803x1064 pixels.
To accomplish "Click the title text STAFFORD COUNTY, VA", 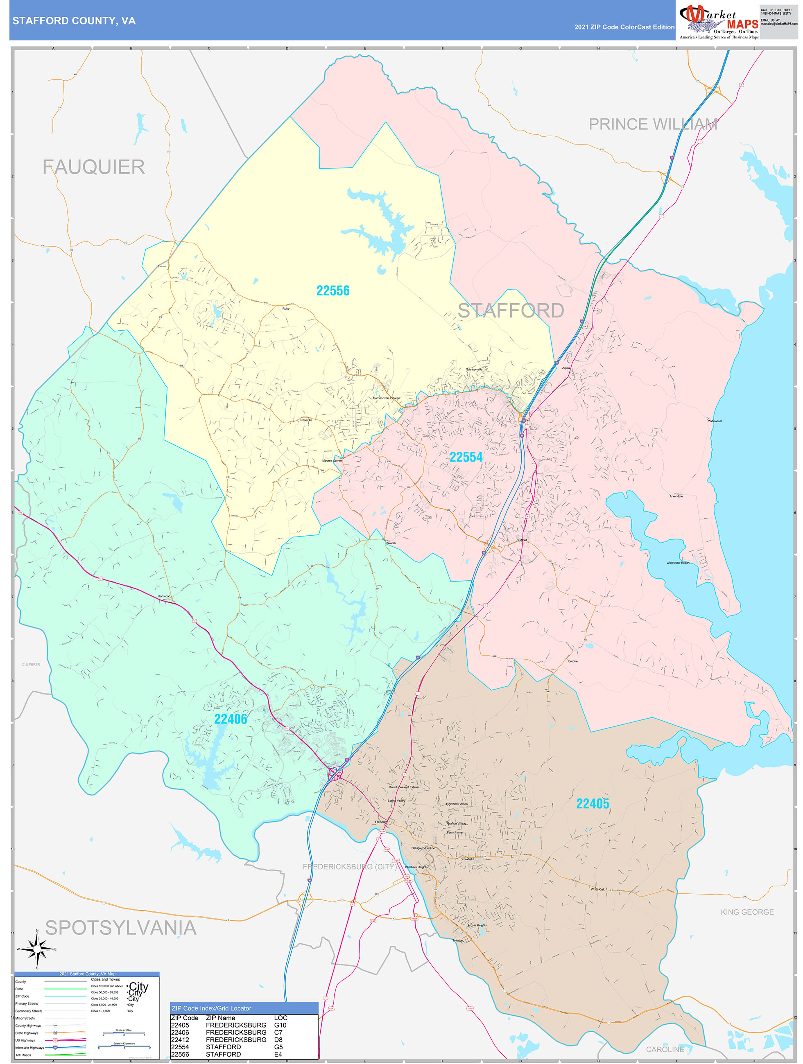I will tap(74, 21).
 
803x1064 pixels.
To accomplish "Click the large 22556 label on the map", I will tap(333, 291).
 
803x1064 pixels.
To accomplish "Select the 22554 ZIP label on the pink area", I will tap(466, 457).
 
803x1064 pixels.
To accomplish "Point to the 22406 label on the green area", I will tap(231, 719).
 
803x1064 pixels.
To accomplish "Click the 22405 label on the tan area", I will tap(593, 804).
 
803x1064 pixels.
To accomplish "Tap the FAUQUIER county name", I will tap(94, 167).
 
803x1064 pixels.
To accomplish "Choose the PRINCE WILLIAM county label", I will tap(653, 124).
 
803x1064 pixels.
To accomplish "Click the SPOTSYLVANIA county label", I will tap(121, 928).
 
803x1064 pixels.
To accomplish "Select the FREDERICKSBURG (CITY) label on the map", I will tap(350, 867).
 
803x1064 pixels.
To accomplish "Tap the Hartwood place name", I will tap(164, 597).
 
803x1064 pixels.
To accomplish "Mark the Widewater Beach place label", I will tap(677, 563).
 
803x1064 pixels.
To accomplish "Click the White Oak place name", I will tap(598, 889).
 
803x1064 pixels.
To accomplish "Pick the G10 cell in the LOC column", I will tap(280, 1025).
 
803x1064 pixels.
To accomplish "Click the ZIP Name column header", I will tap(220, 1018).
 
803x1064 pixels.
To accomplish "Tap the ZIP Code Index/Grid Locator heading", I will tap(211, 1008).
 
